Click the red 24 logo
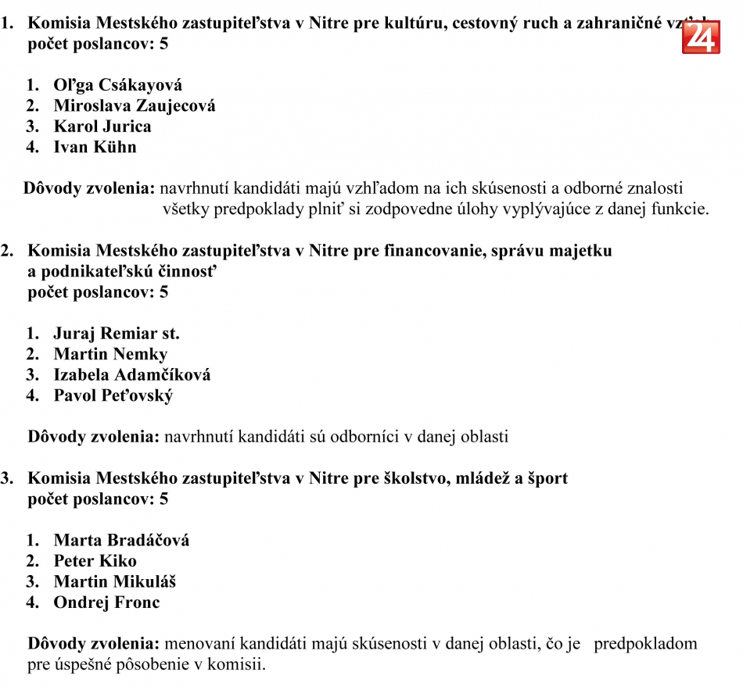tap(701, 37)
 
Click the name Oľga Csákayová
tap(117, 85)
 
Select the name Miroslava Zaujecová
tap(134, 105)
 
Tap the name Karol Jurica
tap(102, 127)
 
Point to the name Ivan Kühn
tap(95, 147)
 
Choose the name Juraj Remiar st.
tap(117, 334)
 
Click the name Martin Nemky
tap(110, 355)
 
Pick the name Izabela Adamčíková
tap(131, 375)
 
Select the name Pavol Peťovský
tap(113, 395)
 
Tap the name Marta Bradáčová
tap(121, 540)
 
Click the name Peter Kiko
tap(95, 561)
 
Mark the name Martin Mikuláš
tap(114, 581)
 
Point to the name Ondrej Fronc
tap(106, 602)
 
